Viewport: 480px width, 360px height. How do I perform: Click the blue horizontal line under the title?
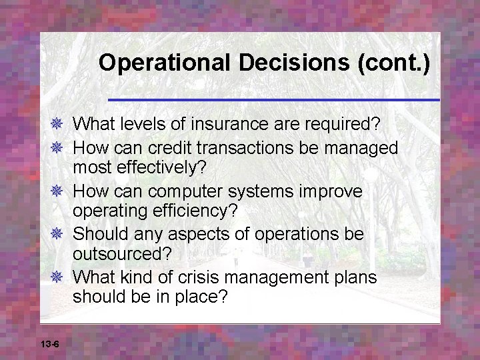coord(273,99)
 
